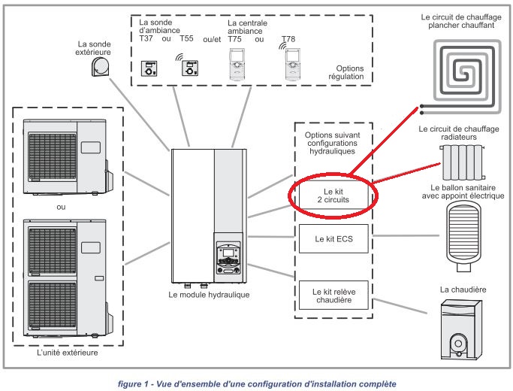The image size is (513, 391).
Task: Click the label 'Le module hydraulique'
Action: coord(209,294)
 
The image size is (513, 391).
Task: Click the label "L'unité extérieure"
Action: coord(67,352)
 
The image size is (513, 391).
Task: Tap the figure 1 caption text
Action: coord(257,383)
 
